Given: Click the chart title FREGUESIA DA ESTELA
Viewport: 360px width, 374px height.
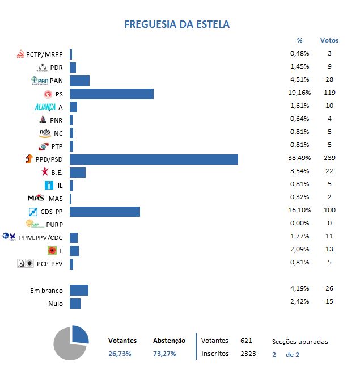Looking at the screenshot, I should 177,24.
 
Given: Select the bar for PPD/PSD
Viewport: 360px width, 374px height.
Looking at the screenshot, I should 154,159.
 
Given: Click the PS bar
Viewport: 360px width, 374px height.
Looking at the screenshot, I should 112,94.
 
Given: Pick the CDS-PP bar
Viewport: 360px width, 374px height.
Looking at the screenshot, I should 105,211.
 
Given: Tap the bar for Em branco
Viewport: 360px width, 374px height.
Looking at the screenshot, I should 79,290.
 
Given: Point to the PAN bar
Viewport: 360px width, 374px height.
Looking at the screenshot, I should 80,81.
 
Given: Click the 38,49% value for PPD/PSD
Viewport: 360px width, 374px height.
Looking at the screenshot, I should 298,159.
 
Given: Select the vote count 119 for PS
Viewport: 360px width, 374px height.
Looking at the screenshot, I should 329,93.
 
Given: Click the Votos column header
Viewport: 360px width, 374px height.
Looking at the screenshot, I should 329,40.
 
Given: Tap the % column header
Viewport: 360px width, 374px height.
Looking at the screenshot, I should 299,40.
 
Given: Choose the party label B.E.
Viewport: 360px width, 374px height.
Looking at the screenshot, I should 57,173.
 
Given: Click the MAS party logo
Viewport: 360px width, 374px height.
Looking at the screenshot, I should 36,198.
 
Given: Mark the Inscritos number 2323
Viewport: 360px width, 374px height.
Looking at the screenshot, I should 248,354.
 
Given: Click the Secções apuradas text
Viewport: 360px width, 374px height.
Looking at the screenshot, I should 300,342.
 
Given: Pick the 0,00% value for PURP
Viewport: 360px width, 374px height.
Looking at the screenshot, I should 298,224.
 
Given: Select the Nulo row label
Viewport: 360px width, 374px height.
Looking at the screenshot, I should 55,304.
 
